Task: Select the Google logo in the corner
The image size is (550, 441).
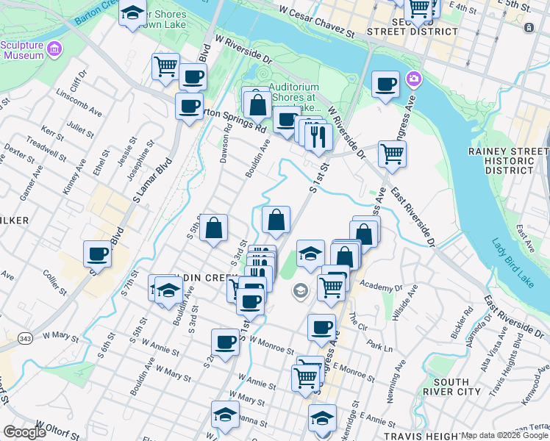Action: pos(24,432)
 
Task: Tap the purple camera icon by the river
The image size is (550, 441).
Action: pos(413,79)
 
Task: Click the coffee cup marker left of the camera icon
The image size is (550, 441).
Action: pos(385,83)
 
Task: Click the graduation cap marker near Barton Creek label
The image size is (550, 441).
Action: pos(132,13)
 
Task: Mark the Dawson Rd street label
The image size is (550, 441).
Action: pos(226,142)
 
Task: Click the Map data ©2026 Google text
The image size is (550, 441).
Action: pos(504,435)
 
